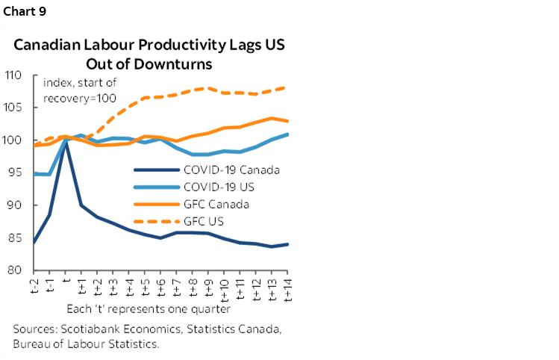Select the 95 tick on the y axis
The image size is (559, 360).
[x=17, y=173]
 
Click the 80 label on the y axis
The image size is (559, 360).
[x=17, y=270]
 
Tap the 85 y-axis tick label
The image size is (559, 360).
[x=17, y=238]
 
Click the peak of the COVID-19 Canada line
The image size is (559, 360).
[x=66, y=142]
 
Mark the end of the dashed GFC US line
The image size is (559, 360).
[x=288, y=87]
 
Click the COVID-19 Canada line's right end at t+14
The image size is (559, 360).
[x=288, y=244]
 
